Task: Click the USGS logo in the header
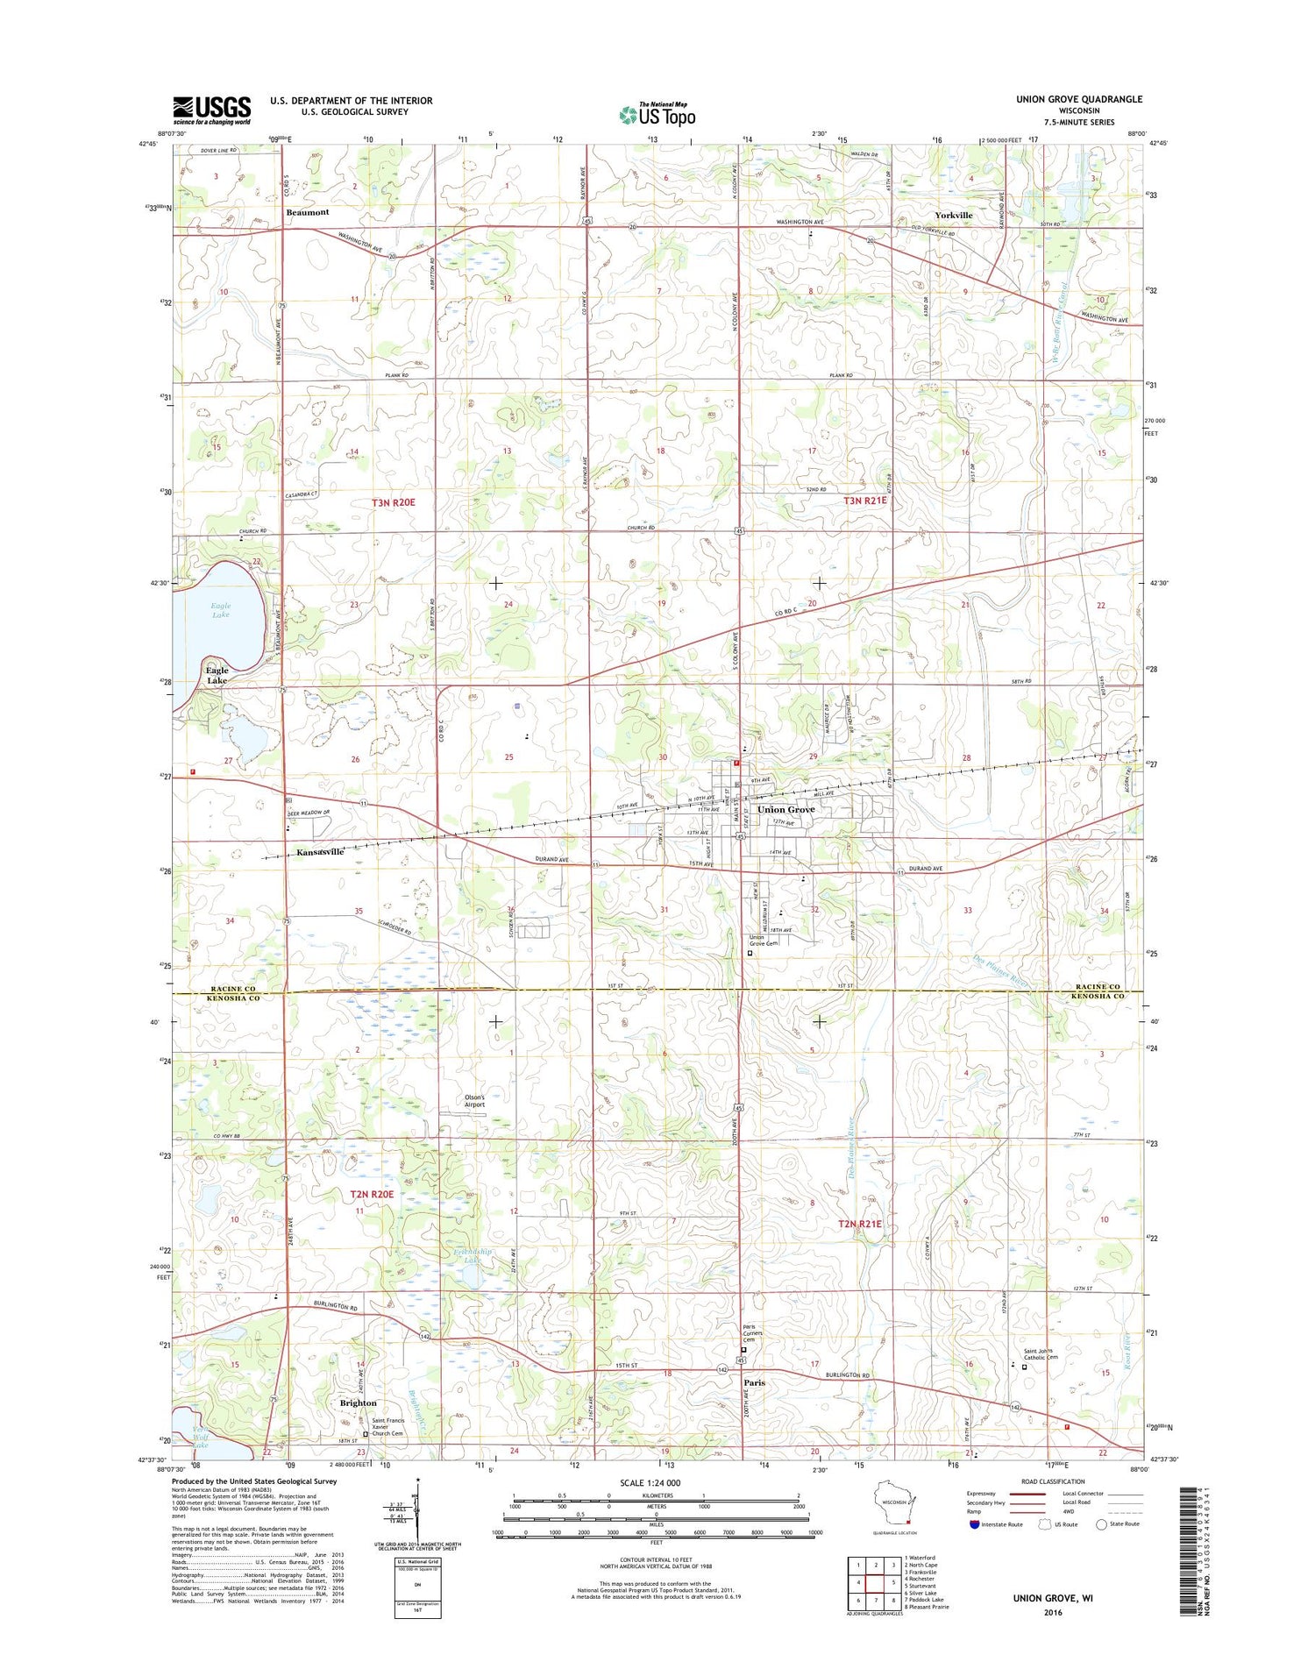click(x=211, y=110)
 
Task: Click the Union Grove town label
click(x=785, y=809)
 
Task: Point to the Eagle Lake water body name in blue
click(x=221, y=610)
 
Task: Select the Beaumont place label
click(x=307, y=212)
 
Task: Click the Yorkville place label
click(x=953, y=215)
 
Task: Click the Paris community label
click(x=754, y=1382)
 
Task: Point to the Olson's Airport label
click(x=474, y=1100)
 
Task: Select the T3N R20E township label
click(x=393, y=502)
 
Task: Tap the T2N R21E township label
click(x=860, y=1224)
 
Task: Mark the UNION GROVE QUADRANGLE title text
click(x=1078, y=99)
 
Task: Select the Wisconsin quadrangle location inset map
click(x=895, y=1502)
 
